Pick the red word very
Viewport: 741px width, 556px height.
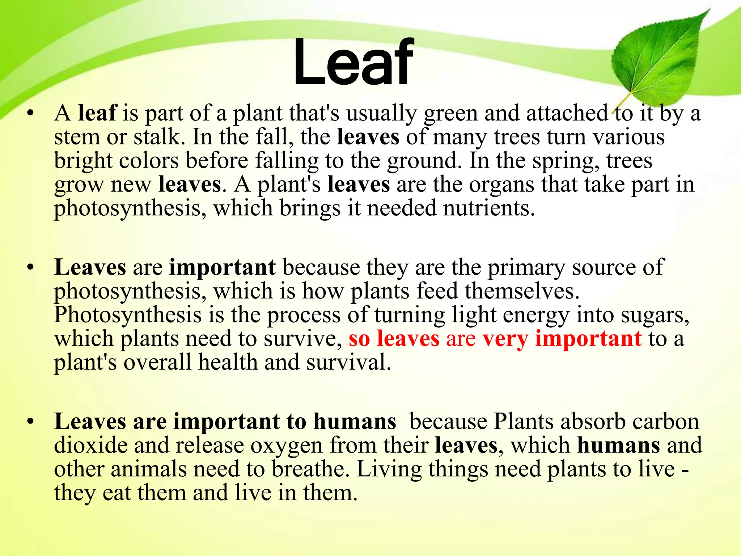pyautogui.click(x=505, y=339)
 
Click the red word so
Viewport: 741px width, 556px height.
pyautogui.click(x=359, y=339)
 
